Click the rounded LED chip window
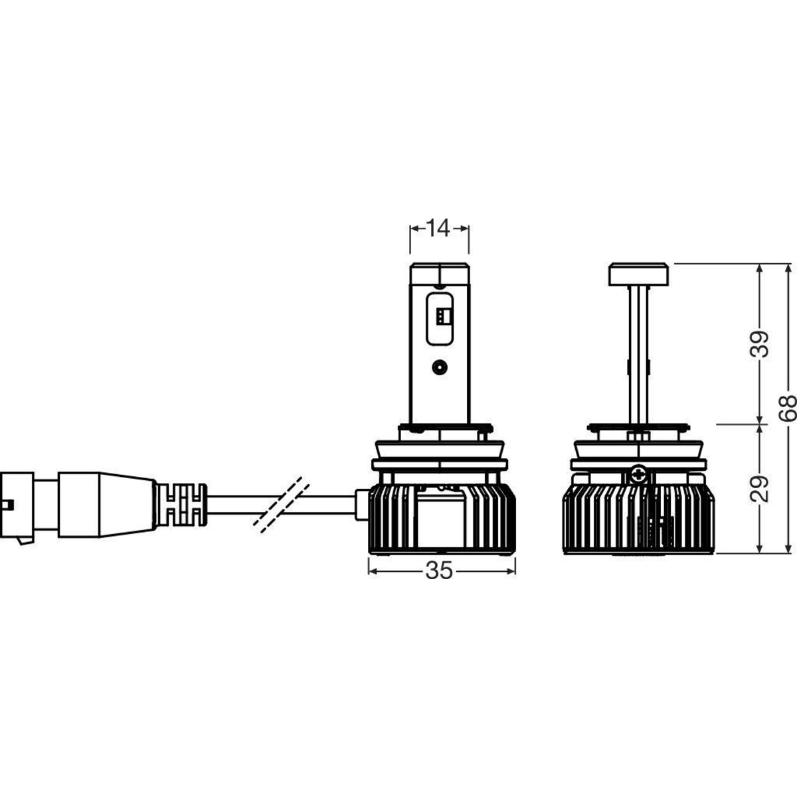(440, 319)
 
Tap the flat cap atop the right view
(639, 274)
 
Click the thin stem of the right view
(639, 356)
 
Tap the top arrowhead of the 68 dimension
(786, 268)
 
